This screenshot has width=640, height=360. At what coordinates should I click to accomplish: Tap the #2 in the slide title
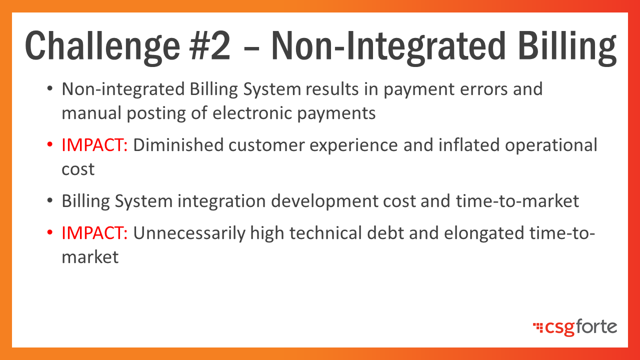(210, 45)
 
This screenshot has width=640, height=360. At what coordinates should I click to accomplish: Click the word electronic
(252, 113)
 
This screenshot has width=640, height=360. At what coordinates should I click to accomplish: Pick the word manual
(91, 113)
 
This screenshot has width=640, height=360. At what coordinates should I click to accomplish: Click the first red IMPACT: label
(94, 145)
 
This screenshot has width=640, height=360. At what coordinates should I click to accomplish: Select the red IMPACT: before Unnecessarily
(94, 233)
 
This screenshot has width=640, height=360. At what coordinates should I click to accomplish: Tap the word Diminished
(178, 145)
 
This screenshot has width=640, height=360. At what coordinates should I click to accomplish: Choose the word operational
(551, 145)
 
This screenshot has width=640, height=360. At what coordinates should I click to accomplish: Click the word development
(324, 201)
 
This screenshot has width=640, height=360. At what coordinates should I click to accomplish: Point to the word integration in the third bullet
(221, 201)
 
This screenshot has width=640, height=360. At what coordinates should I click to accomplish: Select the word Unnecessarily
(189, 233)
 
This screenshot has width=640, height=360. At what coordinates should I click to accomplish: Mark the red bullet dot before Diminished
(49, 144)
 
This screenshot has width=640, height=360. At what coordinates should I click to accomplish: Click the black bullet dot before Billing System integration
(49, 200)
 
